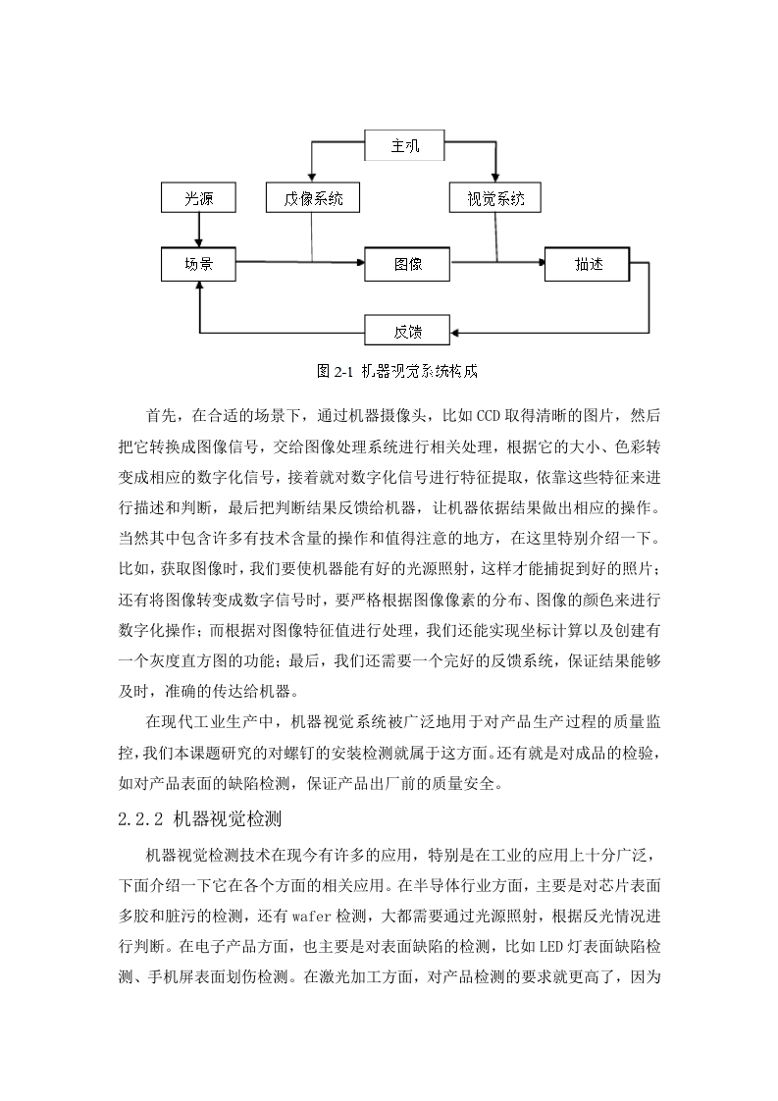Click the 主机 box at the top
coord(404,145)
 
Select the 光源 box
coord(199,198)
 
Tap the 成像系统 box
coord(313,198)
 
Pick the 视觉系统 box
coord(495,198)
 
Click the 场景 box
coord(199,264)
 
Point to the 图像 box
coord(407,264)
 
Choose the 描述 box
coord(587,264)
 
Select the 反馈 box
coord(407,331)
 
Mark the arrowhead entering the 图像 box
coord(360,263)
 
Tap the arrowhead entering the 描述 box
coord(541,263)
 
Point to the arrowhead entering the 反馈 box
coord(454,332)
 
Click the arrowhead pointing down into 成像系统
coord(312,179)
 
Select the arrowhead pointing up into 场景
coord(200,286)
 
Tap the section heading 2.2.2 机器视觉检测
coord(200,818)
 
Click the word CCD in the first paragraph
coord(488,416)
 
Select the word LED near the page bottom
coord(550,947)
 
